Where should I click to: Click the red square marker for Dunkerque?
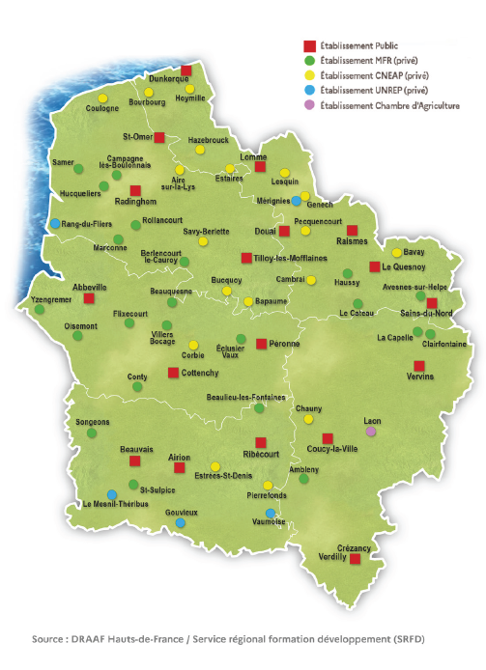[x=186, y=70]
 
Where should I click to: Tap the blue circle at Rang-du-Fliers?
[x=55, y=224]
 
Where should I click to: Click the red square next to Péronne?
[x=261, y=343]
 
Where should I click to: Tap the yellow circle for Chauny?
[x=308, y=420]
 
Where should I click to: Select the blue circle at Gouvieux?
[x=180, y=522]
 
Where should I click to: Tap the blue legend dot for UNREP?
[x=309, y=90]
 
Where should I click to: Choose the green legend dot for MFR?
[x=309, y=60]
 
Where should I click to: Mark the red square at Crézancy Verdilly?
[x=355, y=558]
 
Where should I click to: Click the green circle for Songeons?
[x=92, y=433]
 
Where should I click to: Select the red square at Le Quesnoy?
[x=374, y=266]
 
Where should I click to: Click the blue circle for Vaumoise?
[x=270, y=513]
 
